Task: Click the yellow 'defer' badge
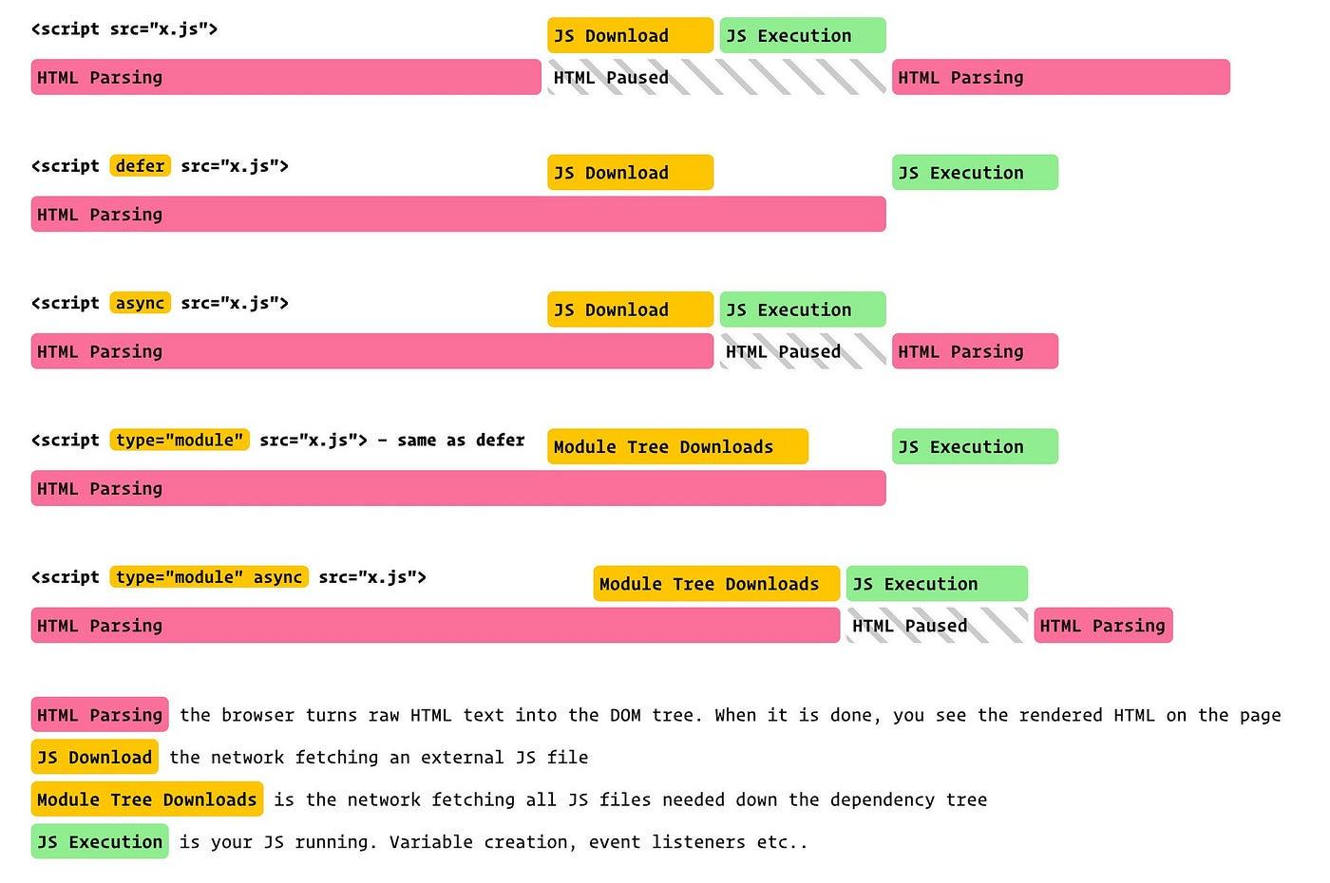click(x=140, y=166)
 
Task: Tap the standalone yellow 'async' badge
click(x=140, y=303)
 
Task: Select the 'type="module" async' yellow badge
click(x=209, y=577)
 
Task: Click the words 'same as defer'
click(x=461, y=441)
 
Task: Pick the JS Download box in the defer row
click(x=630, y=173)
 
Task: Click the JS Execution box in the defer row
click(x=975, y=173)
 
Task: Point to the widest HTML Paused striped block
click(x=716, y=78)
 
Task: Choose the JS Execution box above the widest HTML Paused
click(x=803, y=36)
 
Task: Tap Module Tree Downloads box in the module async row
click(x=716, y=584)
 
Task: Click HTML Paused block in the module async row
click(x=936, y=626)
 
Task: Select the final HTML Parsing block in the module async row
click(x=1103, y=626)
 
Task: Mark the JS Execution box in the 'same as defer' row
click(x=975, y=447)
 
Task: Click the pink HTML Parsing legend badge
click(x=100, y=715)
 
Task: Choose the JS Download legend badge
click(x=94, y=758)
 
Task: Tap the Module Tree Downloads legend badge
click(x=147, y=799)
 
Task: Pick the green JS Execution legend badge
click(x=100, y=842)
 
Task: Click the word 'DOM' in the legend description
click(x=625, y=715)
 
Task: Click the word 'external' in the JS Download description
click(x=463, y=758)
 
